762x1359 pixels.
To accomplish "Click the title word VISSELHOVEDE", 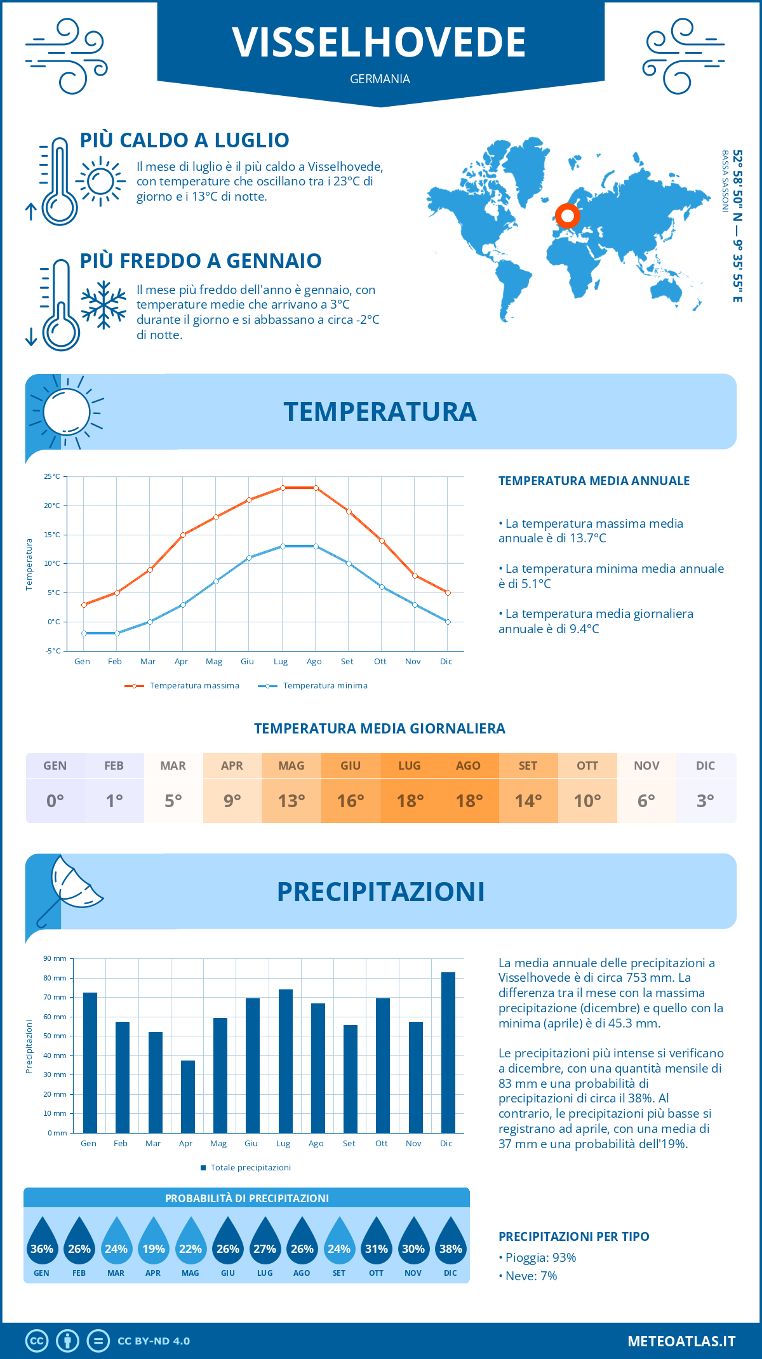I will coord(379,43).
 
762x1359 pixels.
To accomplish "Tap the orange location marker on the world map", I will coord(568,216).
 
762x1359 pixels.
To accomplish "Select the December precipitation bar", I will coord(448,1052).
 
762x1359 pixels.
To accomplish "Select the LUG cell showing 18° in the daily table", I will coord(410,788).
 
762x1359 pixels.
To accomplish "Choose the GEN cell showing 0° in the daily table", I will coord(55,788).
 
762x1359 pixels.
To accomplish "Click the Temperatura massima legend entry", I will coord(183,686).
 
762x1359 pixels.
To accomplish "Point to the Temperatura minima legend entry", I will coord(314,686).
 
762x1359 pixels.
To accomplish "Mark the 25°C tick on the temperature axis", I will coord(52,476).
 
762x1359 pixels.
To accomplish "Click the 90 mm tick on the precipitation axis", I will coord(55,958).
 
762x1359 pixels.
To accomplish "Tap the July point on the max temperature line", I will coord(283,488).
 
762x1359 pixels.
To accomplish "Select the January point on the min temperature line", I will coord(84,633).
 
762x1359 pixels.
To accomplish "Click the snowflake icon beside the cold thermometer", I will coord(104,305).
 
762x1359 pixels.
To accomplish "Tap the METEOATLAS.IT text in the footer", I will coord(681,1341).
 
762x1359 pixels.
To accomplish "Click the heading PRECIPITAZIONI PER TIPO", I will coord(573,1236).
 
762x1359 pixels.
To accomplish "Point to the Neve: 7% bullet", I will coord(528,1276).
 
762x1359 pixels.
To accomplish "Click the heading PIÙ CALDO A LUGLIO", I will coord(185,140).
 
